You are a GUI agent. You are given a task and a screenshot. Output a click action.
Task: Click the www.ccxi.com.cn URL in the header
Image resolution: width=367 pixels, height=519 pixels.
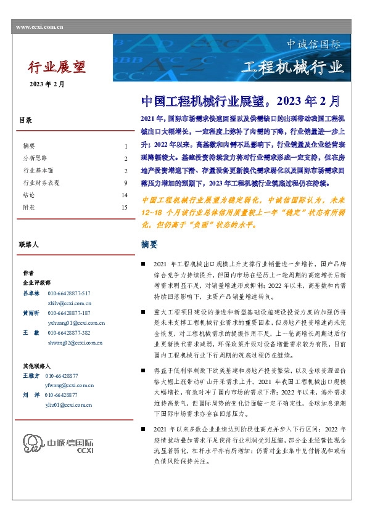(x=37, y=27)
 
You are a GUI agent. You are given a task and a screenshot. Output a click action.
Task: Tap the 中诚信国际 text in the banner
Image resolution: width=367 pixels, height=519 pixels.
(x=314, y=45)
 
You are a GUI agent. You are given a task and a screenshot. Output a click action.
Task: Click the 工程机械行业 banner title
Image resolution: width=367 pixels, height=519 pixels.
(x=292, y=67)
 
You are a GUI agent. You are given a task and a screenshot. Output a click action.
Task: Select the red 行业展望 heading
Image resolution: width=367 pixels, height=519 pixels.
(x=57, y=67)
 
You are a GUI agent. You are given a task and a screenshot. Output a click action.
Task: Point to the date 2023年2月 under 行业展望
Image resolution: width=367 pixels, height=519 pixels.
(x=46, y=84)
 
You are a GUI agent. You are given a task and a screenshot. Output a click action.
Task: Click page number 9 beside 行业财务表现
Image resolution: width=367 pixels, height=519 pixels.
(x=125, y=182)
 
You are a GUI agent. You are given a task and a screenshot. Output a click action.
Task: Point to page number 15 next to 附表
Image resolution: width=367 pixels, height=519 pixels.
(x=125, y=208)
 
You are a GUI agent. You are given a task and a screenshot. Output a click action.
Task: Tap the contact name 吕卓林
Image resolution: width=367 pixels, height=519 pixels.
(x=31, y=293)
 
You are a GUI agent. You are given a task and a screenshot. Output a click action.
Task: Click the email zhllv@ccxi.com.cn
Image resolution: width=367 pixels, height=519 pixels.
(x=70, y=303)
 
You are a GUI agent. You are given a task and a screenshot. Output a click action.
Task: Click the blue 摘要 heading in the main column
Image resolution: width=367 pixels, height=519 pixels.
(x=149, y=245)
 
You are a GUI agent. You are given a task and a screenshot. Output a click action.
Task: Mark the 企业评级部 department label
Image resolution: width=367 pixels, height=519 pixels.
(x=36, y=282)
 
